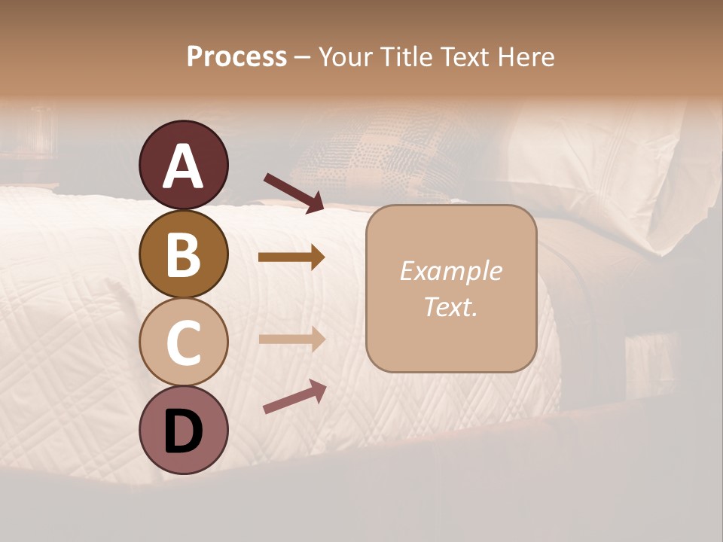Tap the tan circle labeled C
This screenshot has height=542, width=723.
point(183,342)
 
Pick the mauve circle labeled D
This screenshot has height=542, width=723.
point(183,430)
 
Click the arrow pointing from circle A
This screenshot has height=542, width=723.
point(293,192)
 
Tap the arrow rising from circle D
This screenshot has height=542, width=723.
point(294,397)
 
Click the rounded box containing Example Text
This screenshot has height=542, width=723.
point(451,288)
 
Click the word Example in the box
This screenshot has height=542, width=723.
point(450,271)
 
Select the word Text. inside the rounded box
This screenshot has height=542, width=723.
point(450,306)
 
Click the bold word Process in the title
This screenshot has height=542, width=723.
point(236,56)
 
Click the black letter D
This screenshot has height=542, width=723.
point(183,431)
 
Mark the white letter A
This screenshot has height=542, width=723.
point(183,166)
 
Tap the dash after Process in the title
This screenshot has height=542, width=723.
point(303,57)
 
